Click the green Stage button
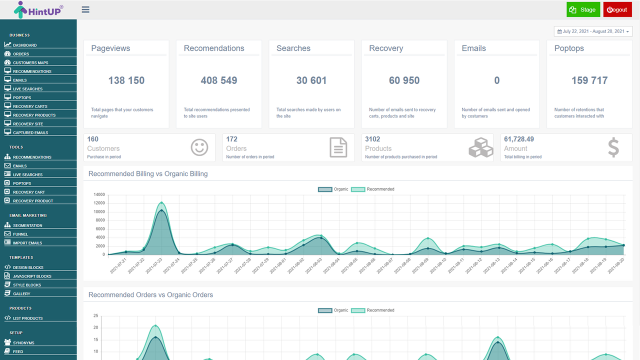click(x=583, y=9)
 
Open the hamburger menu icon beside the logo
click(x=85, y=9)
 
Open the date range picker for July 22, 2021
click(x=593, y=31)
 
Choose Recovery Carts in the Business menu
click(x=30, y=106)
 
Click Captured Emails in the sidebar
click(x=30, y=132)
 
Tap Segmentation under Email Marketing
click(x=27, y=225)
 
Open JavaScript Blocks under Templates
click(x=32, y=276)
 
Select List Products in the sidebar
click(x=27, y=318)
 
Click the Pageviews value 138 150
click(x=126, y=80)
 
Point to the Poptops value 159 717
click(x=589, y=80)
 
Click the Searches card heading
click(x=293, y=48)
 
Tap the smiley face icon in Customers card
click(x=199, y=147)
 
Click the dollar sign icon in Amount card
click(x=613, y=148)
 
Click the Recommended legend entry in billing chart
click(x=372, y=189)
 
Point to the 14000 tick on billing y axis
click(x=99, y=194)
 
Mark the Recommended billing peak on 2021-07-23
click(x=161, y=202)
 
